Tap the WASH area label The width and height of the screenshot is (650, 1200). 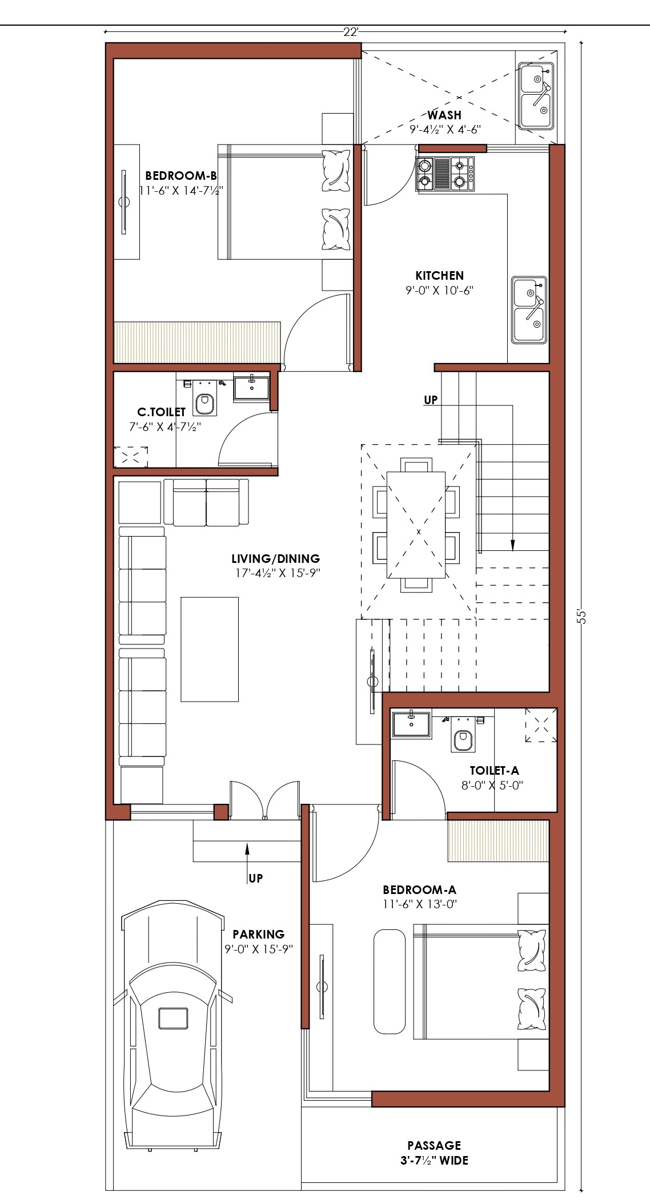pyautogui.click(x=444, y=115)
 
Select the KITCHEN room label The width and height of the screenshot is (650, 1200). pyautogui.click(x=439, y=275)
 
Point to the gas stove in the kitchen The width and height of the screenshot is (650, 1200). pyautogui.click(x=446, y=174)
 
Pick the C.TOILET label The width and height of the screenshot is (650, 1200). pyautogui.click(x=162, y=412)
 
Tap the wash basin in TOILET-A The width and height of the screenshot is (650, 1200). pyautogui.click(x=412, y=723)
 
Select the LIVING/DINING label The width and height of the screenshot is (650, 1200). pyautogui.click(x=276, y=559)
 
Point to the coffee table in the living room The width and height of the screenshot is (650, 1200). pyautogui.click(x=210, y=649)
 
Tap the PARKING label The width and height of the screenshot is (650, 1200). pyautogui.click(x=258, y=935)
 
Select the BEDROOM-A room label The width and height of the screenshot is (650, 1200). pyautogui.click(x=419, y=889)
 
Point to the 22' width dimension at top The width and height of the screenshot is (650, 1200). pyautogui.click(x=351, y=32)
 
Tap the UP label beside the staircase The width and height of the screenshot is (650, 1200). pyautogui.click(x=431, y=400)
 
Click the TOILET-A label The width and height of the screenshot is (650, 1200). pyautogui.click(x=494, y=771)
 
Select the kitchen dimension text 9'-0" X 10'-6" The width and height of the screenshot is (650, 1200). pyautogui.click(x=440, y=290)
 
